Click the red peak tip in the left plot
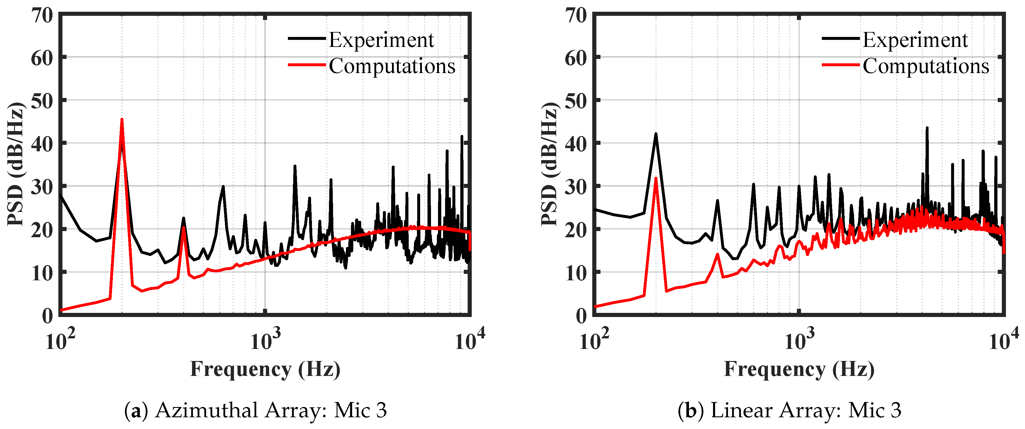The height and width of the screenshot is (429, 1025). (x=122, y=119)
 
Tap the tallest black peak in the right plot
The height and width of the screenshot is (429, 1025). (x=927, y=128)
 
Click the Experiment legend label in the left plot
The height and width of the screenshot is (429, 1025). (x=381, y=40)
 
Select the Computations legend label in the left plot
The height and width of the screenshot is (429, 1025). (x=392, y=66)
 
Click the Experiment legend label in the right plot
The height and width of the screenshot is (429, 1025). (x=915, y=40)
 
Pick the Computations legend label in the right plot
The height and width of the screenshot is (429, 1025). (x=926, y=66)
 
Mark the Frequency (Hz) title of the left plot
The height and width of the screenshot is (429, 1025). (x=265, y=369)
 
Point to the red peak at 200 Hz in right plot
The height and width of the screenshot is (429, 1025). (x=656, y=178)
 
